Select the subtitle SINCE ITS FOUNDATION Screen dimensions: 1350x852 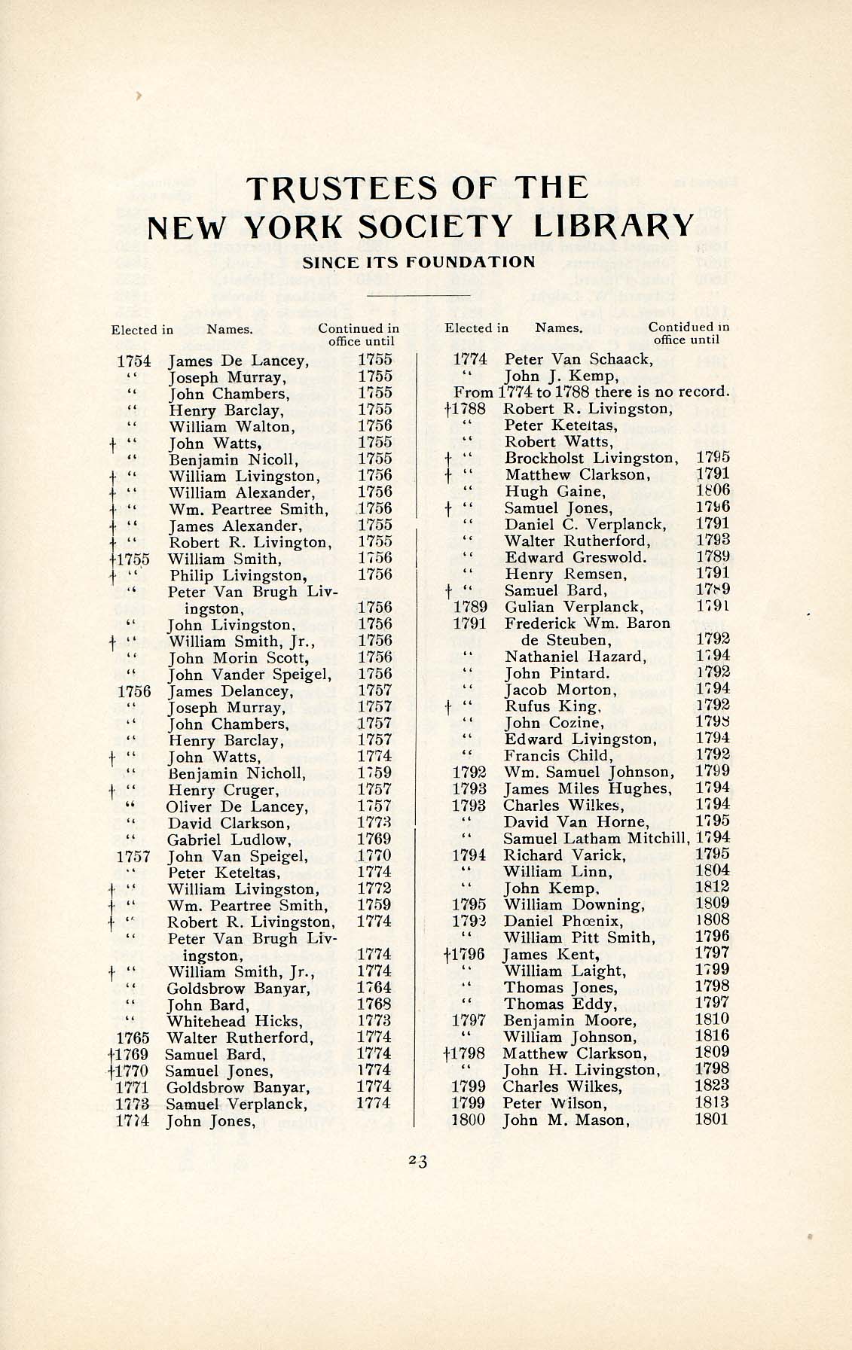coord(418,262)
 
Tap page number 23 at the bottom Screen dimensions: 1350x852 coord(418,1161)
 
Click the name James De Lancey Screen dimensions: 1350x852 coord(238,361)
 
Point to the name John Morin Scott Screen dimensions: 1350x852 coord(238,658)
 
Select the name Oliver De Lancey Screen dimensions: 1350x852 coord(237,806)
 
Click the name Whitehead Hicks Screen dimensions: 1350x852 coord(234,1021)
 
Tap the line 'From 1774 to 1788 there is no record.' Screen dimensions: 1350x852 coord(591,392)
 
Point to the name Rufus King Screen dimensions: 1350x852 coord(552,706)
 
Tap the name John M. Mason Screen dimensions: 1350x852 coord(565,1120)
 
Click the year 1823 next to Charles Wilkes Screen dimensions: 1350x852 coord(712,1086)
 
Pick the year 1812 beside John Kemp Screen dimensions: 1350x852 coord(712,888)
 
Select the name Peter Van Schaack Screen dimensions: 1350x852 coord(578,359)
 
